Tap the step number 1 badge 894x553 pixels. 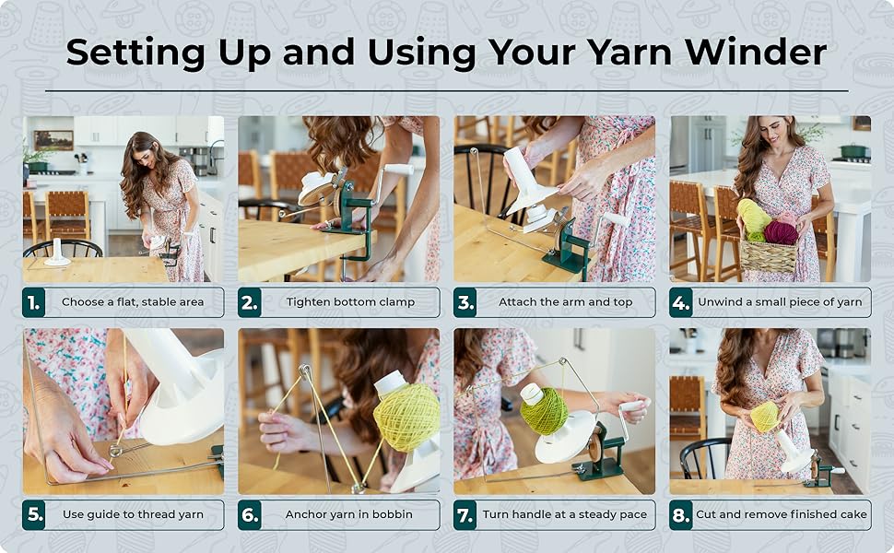pyautogui.click(x=34, y=302)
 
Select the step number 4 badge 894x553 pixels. pyautogui.click(x=681, y=302)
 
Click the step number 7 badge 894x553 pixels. pyautogui.click(x=465, y=515)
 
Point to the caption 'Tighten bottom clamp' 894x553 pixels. pyautogui.click(x=350, y=302)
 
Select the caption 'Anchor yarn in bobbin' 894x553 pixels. pyautogui.click(x=349, y=515)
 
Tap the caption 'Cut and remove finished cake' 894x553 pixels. pyautogui.click(x=782, y=515)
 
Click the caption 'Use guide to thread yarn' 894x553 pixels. pyautogui.click(x=135, y=515)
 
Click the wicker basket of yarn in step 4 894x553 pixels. pyautogui.click(x=768, y=253)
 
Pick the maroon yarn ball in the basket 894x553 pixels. pyautogui.click(x=781, y=233)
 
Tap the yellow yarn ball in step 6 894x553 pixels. pyautogui.click(x=407, y=417)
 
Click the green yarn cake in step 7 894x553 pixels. pyautogui.click(x=544, y=411)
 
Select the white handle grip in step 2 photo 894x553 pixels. pyautogui.click(x=399, y=169)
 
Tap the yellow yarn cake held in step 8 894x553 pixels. pyautogui.click(x=764, y=417)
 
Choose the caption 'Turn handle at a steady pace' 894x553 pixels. pyautogui.click(x=565, y=515)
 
